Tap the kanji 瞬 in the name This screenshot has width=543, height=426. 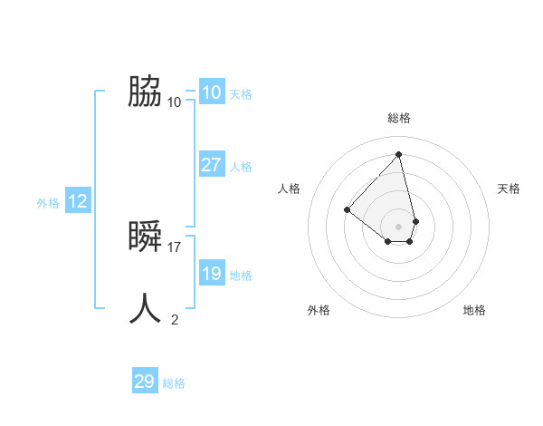(x=145, y=237)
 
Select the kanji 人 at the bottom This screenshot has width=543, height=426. (x=145, y=308)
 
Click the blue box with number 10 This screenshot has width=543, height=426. (x=211, y=92)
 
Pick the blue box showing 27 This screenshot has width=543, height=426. (x=211, y=165)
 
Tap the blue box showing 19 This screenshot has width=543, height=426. (x=211, y=274)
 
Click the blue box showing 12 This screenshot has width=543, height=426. (x=78, y=201)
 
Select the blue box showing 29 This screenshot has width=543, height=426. (x=145, y=382)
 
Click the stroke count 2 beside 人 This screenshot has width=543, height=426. (x=175, y=319)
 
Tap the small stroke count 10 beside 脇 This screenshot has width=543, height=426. (x=175, y=102)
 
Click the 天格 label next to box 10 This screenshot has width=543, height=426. (x=241, y=93)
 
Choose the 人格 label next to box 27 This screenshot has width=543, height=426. (x=241, y=167)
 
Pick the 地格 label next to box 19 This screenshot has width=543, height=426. (x=241, y=276)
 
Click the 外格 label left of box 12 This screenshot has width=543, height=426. (x=48, y=203)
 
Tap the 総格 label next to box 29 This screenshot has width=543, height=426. (x=174, y=383)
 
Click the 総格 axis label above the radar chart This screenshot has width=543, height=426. (x=399, y=118)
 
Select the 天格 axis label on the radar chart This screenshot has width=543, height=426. (x=510, y=189)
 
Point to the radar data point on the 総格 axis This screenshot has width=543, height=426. (x=399, y=154)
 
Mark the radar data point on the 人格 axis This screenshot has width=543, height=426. (x=347, y=209)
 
